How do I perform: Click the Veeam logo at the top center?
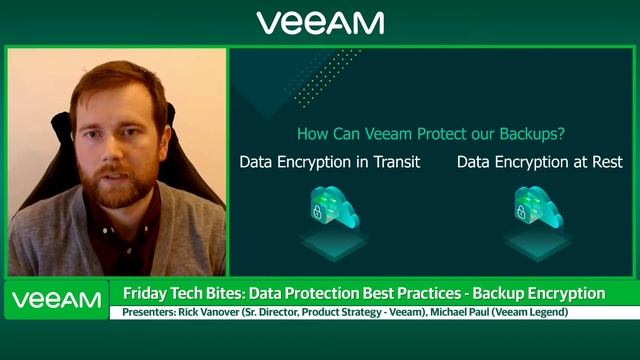(x=319, y=22)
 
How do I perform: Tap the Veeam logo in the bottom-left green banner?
(x=57, y=299)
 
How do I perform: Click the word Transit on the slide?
(x=393, y=162)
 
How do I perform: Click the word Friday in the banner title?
(x=145, y=293)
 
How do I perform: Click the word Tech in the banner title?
(x=191, y=293)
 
